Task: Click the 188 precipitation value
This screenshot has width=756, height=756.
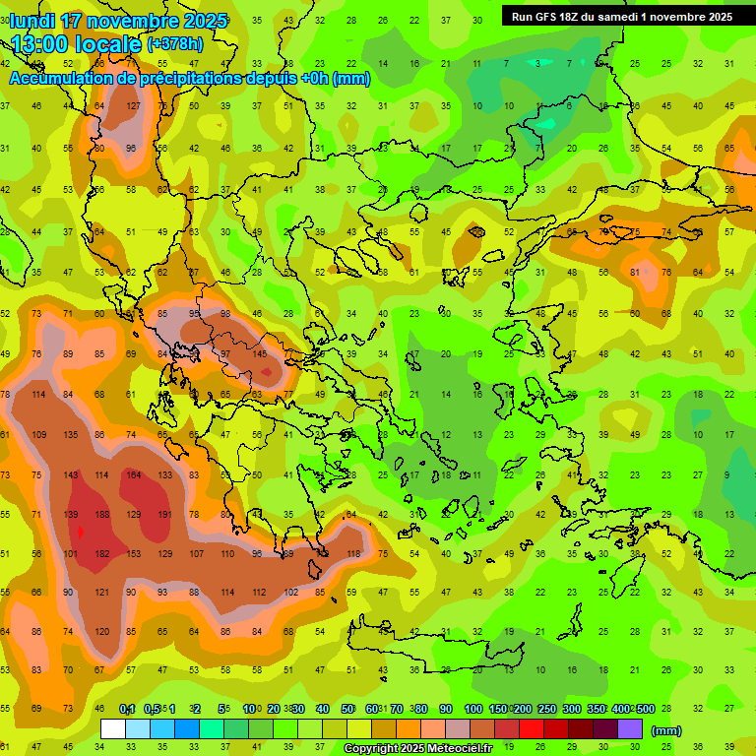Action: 102,515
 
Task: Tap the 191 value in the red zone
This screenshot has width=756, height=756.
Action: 165,515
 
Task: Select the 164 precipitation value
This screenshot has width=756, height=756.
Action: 134,475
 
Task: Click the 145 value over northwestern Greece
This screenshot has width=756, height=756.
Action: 260,354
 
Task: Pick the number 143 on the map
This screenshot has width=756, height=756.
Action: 71,475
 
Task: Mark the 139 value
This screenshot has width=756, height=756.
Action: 71,515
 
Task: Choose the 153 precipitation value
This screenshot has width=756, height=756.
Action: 134,554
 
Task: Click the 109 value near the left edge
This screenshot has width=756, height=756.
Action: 39,435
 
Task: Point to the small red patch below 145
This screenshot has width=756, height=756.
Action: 267,373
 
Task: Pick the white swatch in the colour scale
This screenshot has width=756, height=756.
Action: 113,728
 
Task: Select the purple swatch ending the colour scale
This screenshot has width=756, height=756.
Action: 630,728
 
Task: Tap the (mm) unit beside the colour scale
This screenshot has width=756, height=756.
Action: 666,730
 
